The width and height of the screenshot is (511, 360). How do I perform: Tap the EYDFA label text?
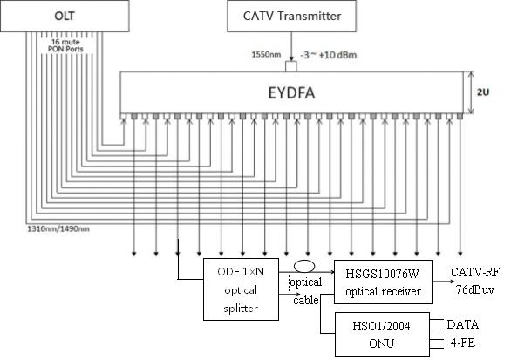(x=291, y=93)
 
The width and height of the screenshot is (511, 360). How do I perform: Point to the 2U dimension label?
(x=483, y=92)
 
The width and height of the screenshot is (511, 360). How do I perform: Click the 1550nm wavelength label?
(x=266, y=54)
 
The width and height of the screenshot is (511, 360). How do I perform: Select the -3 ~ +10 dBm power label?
(x=329, y=54)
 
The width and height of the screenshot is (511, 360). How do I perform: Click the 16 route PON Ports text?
(x=65, y=45)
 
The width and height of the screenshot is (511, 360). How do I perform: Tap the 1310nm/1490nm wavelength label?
(x=58, y=228)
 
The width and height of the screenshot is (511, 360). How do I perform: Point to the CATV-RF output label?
(x=475, y=272)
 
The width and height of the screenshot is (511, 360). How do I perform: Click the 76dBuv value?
(x=475, y=289)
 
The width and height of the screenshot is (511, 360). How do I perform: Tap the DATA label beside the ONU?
(x=463, y=324)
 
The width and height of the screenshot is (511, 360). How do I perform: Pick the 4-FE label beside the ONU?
(x=463, y=343)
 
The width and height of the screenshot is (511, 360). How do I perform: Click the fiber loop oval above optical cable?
(x=304, y=262)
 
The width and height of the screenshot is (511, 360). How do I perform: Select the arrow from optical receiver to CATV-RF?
(x=443, y=282)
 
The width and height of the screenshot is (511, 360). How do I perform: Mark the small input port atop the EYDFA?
(x=291, y=66)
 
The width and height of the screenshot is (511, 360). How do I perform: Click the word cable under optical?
(x=306, y=300)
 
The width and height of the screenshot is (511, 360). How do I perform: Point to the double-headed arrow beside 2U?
(x=470, y=92)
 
